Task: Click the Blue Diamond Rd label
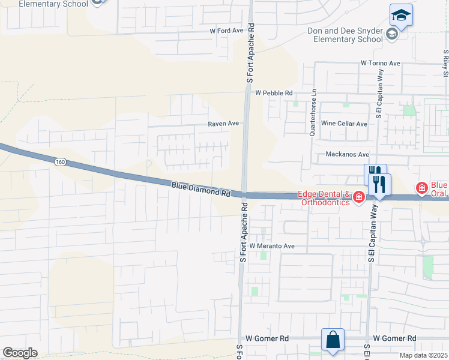(201, 190)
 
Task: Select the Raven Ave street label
(223, 124)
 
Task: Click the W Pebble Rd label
(273, 93)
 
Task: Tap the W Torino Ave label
(380, 63)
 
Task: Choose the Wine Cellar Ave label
(344, 124)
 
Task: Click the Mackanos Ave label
(345, 154)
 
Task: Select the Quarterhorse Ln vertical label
(312, 114)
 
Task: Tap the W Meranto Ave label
(272, 246)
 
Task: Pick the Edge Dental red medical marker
(359, 197)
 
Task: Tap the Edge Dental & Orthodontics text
(324, 198)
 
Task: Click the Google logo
(20, 352)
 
